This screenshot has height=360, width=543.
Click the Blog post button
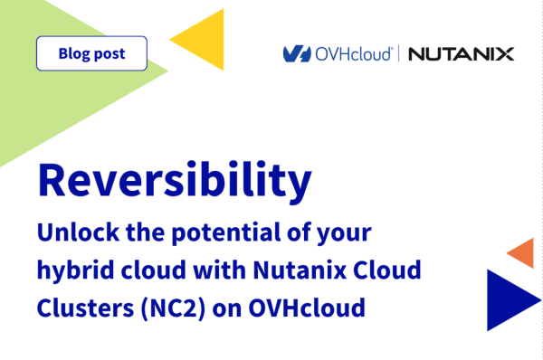pos(91,53)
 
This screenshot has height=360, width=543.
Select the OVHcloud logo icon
pos(297,54)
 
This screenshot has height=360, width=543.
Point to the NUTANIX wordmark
pos(461,54)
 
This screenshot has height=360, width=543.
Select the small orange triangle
pos(522,252)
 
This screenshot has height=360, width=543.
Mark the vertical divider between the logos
pos(398,54)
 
